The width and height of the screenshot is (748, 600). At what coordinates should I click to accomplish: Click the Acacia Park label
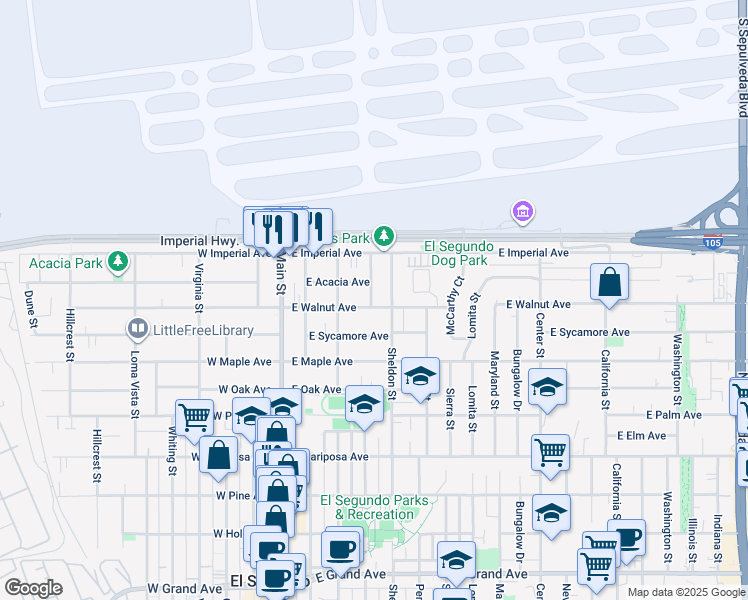(x=66, y=263)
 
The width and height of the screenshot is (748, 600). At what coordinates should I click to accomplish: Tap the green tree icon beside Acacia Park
(x=119, y=262)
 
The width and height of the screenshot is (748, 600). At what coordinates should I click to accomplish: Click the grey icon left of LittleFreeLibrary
(x=137, y=328)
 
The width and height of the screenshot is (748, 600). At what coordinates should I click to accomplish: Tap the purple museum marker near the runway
(x=521, y=212)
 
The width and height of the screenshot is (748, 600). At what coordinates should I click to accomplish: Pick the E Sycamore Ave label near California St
(x=590, y=331)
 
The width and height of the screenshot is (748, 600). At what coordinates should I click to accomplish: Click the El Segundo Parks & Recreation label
(x=374, y=507)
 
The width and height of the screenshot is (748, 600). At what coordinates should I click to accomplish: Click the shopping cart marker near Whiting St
(x=194, y=416)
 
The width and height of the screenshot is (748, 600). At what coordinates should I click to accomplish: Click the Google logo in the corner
(x=33, y=588)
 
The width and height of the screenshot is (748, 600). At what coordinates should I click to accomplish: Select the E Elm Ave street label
(x=641, y=436)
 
